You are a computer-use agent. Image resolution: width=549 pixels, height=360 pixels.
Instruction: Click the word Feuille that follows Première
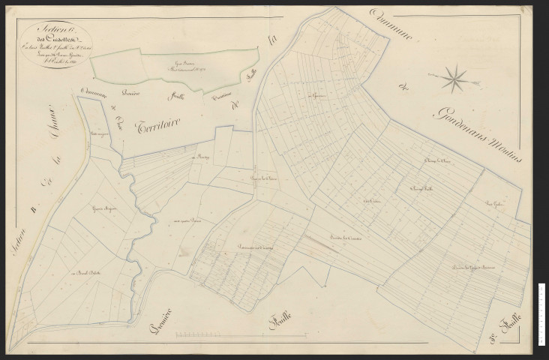pos(280,323)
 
